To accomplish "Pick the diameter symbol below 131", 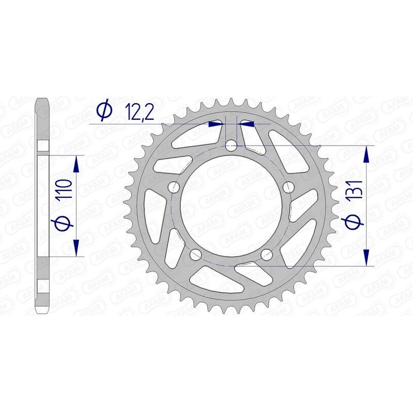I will click(355, 220).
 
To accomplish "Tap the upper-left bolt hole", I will click(174, 187).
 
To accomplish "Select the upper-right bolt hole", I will click(289, 186).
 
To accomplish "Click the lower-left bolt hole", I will click(196, 255).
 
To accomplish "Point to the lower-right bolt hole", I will click(267, 254).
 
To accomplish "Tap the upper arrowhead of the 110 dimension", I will click(76, 165).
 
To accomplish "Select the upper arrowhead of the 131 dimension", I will click(367, 154).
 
